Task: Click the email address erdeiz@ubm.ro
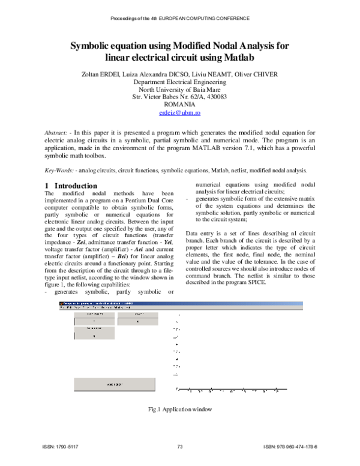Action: coord(179,112)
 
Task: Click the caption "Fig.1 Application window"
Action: coord(180,410)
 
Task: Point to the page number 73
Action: coord(179,447)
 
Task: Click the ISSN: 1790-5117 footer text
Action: coord(60,447)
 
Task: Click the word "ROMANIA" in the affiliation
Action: coord(179,104)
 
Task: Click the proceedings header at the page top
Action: coord(179,19)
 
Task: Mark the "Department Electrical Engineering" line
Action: coord(179,81)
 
